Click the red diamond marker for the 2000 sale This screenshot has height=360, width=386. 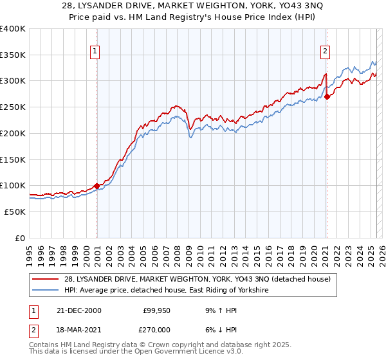97,186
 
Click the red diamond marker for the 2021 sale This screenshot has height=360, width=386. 327,97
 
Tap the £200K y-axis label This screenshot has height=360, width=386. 13,133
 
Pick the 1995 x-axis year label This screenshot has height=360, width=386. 29,253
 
